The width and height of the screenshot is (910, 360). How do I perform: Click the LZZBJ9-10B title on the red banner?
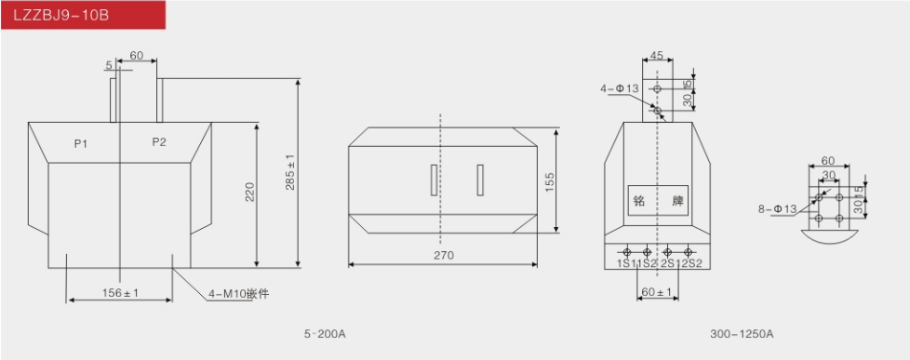pyautogui.click(x=60, y=15)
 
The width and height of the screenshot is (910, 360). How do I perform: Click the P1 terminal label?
pyautogui.click(x=81, y=143)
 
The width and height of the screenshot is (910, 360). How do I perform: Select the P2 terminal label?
pyautogui.click(x=159, y=141)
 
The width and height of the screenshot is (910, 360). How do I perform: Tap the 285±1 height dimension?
pyautogui.click(x=290, y=171)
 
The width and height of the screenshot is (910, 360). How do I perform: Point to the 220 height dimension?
pyautogui.click(x=249, y=192)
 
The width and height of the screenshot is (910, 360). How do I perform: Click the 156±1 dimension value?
pyautogui.click(x=120, y=293)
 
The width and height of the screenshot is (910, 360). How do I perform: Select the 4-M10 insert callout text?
pyautogui.click(x=238, y=294)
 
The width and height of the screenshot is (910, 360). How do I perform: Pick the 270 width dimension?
pyautogui.click(x=444, y=255)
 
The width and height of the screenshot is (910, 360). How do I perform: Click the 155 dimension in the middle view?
pyautogui.click(x=550, y=181)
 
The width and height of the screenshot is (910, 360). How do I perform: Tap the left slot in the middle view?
pyautogui.click(x=434, y=180)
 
